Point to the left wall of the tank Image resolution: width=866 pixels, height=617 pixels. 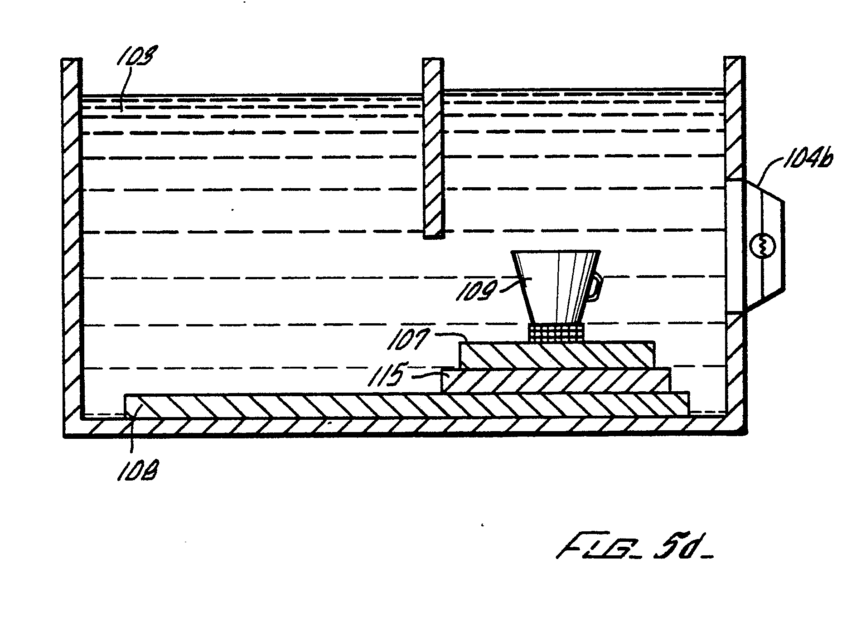tap(72, 236)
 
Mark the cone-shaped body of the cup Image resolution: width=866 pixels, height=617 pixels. tap(555, 286)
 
